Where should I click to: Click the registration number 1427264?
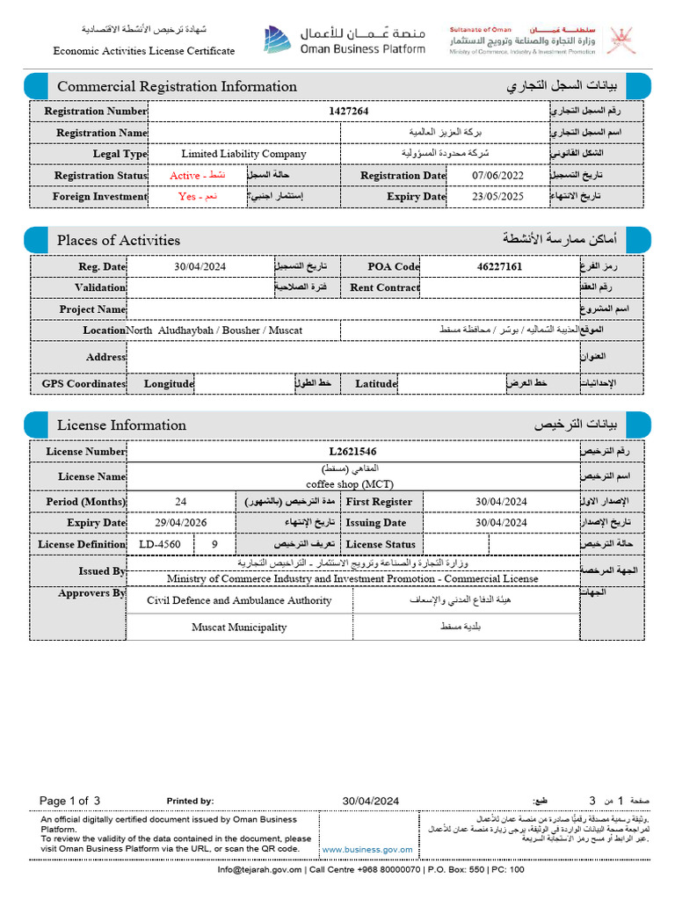349,112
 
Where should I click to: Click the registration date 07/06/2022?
497,176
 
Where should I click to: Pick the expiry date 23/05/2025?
497,197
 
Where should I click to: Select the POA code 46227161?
499,266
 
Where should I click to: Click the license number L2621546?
352,452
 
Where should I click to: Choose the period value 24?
181,502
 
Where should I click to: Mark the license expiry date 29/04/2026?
181,523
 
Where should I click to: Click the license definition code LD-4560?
161,544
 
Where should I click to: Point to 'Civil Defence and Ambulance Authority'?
239,600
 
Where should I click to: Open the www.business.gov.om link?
367,850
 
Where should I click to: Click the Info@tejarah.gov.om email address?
260,870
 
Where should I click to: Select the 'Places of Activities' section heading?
119,240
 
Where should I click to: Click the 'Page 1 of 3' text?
70,801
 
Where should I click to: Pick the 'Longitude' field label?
169,384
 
